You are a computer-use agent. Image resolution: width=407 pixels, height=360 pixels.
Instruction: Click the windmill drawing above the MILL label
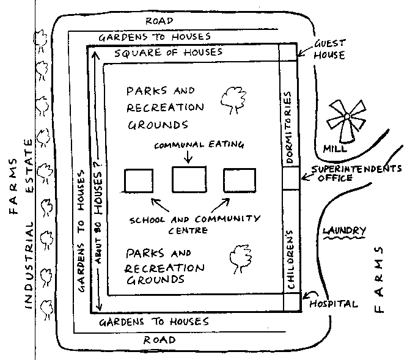pos(346,120)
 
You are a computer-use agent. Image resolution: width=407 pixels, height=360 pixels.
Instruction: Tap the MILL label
pos(335,149)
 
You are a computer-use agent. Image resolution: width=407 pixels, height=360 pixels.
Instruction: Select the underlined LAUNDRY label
pos(344,231)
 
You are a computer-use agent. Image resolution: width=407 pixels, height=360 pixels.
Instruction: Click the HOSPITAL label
pos(333,304)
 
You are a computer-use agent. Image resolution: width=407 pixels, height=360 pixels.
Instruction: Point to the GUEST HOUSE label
pos(329,50)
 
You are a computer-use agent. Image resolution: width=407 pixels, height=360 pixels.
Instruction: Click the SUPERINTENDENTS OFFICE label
pos(356,174)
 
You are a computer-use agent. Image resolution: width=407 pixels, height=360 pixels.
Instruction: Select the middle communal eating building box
pos(189,179)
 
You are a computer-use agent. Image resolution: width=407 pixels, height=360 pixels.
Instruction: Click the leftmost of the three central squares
pos(139,181)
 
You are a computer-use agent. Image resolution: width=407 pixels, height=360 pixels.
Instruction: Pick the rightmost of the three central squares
pos(240,180)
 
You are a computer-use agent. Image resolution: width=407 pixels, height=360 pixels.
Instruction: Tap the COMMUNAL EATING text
pos(199,145)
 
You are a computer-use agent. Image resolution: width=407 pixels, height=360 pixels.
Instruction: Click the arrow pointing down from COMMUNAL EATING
pos(188,156)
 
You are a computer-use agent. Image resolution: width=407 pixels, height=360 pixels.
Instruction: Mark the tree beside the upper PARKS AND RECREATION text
pos(233,100)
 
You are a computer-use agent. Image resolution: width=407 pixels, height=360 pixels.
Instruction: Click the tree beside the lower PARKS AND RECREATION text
pos(241,259)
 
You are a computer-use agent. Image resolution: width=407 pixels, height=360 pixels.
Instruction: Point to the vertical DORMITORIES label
pos(288,127)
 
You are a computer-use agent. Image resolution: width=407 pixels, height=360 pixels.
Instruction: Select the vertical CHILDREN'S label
pos(290,260)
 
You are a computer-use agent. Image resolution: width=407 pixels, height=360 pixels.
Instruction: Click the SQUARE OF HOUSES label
pos(169,53)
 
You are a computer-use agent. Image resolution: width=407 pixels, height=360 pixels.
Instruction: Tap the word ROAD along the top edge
pos(159,21)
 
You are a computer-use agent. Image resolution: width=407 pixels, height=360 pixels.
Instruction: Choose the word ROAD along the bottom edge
pos(159,340)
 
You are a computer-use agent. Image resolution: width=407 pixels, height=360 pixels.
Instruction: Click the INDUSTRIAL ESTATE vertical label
pos(29,224)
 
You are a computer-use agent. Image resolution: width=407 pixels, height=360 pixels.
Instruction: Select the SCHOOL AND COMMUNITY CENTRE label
pos(195,224)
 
